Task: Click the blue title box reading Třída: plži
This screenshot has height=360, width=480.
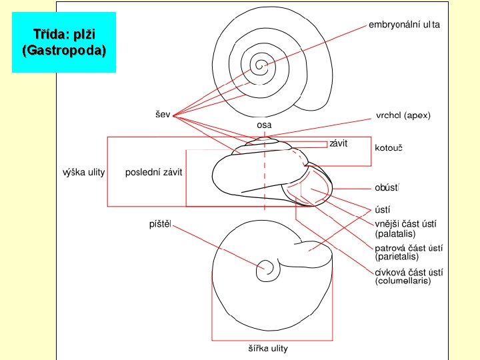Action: click(64, 42)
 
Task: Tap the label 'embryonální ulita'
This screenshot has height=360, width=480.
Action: click(405, 25)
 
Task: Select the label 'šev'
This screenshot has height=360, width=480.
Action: click(163, 115)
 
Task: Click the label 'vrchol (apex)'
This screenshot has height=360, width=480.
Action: click(403, 115)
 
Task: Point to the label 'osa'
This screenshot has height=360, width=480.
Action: click(265, 125)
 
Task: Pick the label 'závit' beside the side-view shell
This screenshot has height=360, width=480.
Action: click(339, 143)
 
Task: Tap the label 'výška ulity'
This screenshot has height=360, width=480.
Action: click(83, 173)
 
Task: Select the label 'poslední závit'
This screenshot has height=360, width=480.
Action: click(154, 173)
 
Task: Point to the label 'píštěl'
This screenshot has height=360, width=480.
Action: click(160, 224)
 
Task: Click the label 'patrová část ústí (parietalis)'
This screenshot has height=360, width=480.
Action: click(409, 252)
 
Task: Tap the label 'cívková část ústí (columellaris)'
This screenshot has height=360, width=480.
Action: click(409, 276)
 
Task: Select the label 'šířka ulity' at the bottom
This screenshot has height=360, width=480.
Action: click(264, 349)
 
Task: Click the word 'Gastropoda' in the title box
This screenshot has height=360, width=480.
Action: click(64, 51)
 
